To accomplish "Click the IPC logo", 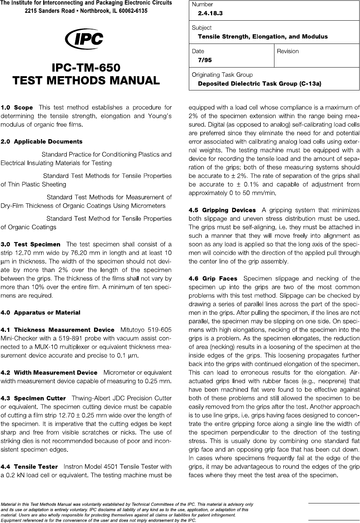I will [x=84, y=39].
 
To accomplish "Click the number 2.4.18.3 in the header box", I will [x=210, y=13].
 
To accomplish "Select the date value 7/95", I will [x=205, y=60].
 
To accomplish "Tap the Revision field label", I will [x=288, y=51].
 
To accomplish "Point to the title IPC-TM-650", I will [x=86, y=68].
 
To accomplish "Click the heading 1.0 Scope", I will [x=17, y=108].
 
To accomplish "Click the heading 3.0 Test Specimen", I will [x=31, y=244].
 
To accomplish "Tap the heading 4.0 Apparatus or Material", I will [x=41, y=313].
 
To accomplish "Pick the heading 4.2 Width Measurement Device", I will [x=49, y=373].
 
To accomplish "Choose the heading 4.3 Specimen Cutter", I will [x=33, y=399].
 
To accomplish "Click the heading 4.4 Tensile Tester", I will [x=30, y=467].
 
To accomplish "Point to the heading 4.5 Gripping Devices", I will [x=222, y=210].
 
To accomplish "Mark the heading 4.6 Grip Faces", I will [x=212, y=279].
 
